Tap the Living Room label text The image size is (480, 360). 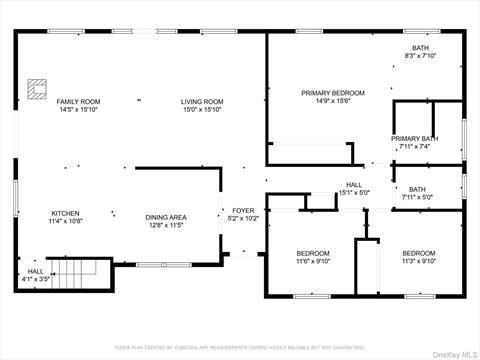point(201,101)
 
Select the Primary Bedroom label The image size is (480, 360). point(333,93)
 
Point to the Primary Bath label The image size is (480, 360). point(414,139)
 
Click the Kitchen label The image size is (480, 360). point(65,213)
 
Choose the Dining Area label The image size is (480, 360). point(165,217)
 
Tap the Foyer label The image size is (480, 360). point(243,210)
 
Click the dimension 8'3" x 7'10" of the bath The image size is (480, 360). point(421,56)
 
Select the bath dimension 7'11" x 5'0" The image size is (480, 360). point(416,197)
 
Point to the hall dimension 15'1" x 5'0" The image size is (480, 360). point(354,192)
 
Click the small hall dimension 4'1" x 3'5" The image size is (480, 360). point(36,280)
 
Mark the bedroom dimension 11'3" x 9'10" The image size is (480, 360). point(418,261)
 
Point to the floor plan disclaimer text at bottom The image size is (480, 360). point(239,348)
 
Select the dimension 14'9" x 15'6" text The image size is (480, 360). point(333,101)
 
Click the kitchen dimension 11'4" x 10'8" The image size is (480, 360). point(65,221)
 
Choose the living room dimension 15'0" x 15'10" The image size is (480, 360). point(201,109)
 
